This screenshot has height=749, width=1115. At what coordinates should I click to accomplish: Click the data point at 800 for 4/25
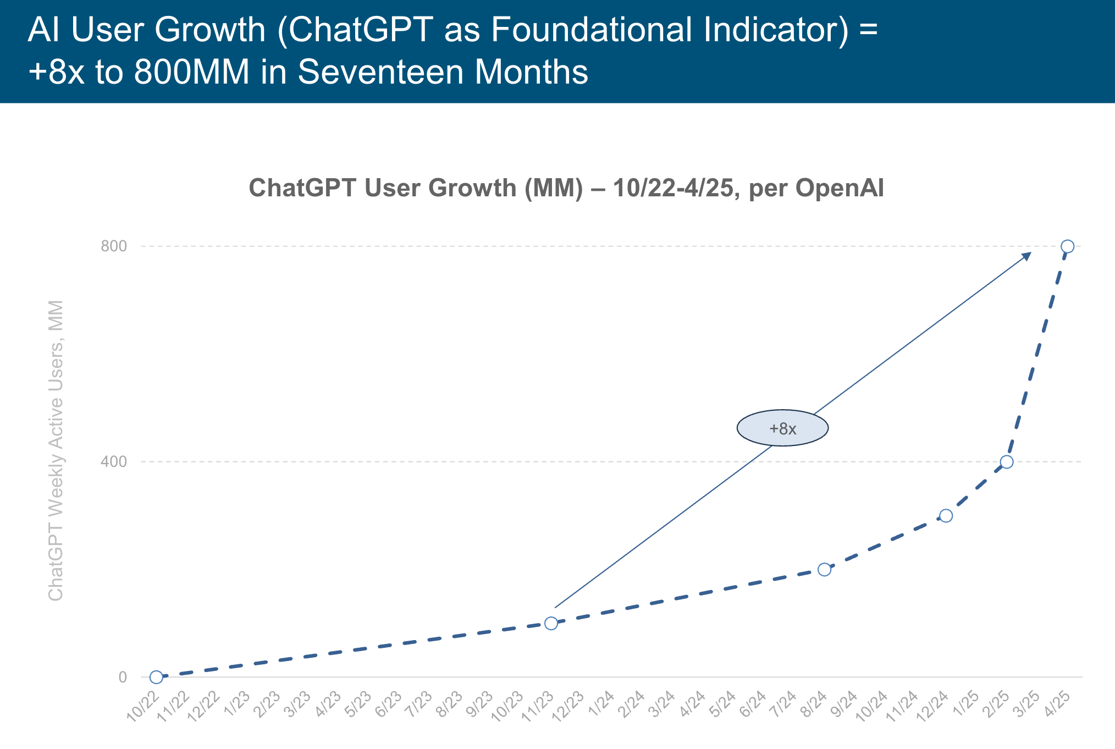click(1067, 246)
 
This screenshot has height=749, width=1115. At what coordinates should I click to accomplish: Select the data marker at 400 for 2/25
click(1007, 462)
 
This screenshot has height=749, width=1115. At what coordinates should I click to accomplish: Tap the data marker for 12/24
click(946, 516)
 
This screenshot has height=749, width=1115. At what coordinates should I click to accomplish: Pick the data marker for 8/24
click(824, 570)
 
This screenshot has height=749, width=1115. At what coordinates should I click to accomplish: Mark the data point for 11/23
click(551, 623)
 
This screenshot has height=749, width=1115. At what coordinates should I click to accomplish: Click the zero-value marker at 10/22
click(156, 677)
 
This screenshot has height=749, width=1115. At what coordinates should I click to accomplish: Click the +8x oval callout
click(782, 428)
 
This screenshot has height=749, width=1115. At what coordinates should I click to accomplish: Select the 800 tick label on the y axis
click(113, 246)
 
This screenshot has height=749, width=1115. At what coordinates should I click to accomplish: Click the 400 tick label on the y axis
click(113, 462)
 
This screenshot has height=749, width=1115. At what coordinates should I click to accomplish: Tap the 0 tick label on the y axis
click(123, 677)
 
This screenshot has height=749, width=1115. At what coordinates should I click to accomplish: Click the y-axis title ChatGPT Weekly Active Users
click(56, 451)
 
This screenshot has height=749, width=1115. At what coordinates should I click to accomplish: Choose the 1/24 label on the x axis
click(601, 704)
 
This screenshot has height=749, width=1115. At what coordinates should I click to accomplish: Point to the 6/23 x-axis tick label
click(388, 704)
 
